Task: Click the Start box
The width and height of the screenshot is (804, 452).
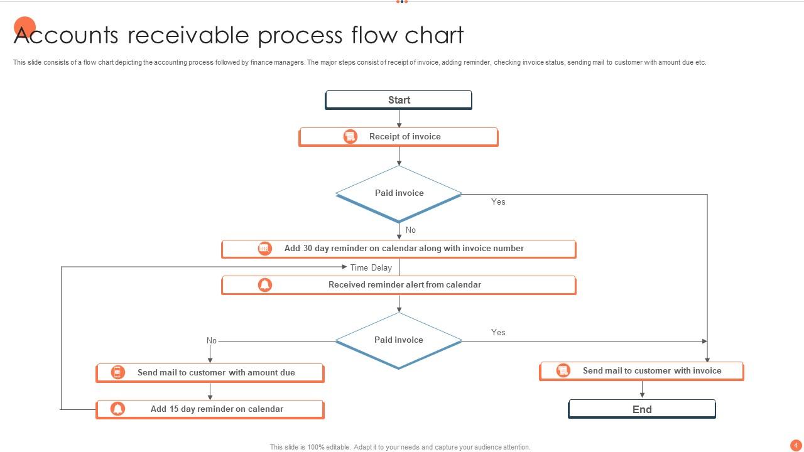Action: click(x=398, y=100)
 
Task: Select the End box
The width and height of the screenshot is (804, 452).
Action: click(x=642, y=409)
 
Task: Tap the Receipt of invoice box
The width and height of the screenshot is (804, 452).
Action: click(x=398, y=137)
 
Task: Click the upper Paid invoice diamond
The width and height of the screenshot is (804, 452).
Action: click(x=399, y=193)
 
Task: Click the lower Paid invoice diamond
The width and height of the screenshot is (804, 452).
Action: click(x=399, y=340)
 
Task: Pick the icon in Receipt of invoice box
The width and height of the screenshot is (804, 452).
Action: click(x=350, y=136)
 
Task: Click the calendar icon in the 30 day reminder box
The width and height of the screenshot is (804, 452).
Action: click(x=264, y=249)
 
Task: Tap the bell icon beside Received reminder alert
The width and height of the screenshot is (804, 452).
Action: click(x=265, y=285)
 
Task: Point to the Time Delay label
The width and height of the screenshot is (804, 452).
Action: click(x=371, y=267)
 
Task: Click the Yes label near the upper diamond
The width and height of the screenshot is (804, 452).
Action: click(x=498, y=202)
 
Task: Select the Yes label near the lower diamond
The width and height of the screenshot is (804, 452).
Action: click(x=498, y=332)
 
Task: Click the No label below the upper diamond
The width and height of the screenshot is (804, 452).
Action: click(x=411, y=230)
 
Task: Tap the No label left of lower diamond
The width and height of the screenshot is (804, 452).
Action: click(x=212, y=341)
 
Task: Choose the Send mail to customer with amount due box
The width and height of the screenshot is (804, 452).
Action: click(x=210, y=373)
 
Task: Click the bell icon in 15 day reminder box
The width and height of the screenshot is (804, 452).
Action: click(x=117, y=409)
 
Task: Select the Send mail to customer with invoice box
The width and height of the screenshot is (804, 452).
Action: click(x=641, y=371)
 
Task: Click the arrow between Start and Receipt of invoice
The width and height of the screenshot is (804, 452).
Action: click(x=399, y=119)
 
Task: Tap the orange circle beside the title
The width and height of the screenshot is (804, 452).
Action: click(x=24, y=27)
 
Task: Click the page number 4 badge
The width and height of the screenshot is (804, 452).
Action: click(x=795, y=445)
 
